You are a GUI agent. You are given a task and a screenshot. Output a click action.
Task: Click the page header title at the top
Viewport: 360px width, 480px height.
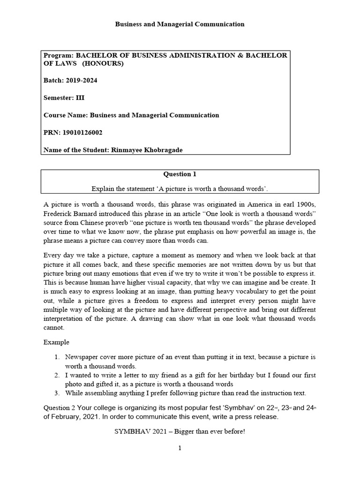coord(180,24)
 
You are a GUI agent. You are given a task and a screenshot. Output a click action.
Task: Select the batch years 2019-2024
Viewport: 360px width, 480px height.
coord(82,81)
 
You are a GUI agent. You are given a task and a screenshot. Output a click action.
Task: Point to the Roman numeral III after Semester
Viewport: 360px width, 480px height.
coord(81,98)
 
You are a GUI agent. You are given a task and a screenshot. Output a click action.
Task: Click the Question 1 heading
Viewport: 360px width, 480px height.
coord(180,174)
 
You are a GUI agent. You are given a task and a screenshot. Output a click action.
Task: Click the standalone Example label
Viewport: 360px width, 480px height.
coord(56,342)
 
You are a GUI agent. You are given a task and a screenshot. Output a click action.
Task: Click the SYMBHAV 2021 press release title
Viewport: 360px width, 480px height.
coord(180,431)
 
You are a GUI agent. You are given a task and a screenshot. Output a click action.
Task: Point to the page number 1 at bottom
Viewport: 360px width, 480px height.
coord(180,448)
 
